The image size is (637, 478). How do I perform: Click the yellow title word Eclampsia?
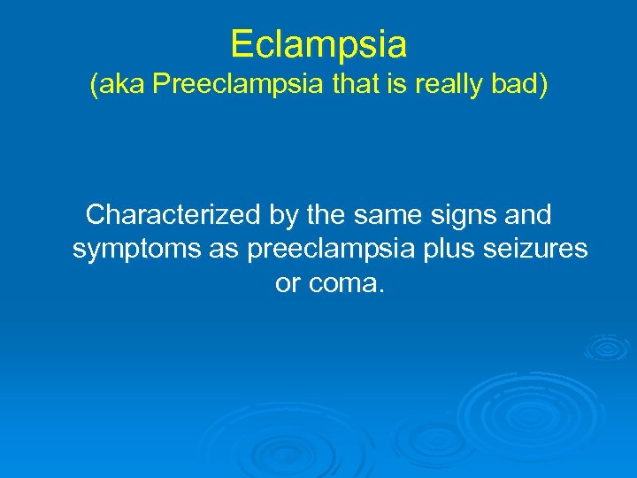coord(318,43)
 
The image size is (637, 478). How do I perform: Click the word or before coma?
coord(288,286)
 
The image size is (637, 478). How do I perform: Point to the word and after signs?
coord(526,215)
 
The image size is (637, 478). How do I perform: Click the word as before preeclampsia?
coord(226,251)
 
